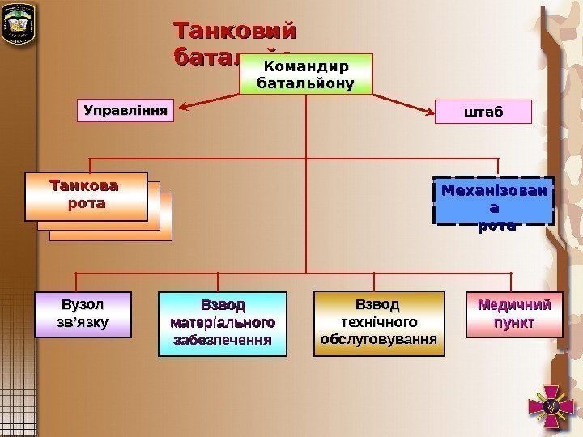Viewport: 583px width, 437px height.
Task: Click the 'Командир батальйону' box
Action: tap(306, 74)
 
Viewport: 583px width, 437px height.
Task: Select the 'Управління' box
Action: tap(128, 110)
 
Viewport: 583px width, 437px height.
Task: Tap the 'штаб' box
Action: tap(484, 112)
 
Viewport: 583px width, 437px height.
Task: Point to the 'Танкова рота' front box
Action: tap(86, 196)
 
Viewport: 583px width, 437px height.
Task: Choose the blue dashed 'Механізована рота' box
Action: tap(494, 200)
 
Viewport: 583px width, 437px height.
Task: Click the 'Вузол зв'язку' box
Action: tap(83, 314)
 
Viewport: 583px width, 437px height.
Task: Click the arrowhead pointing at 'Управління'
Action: tap(184, 106)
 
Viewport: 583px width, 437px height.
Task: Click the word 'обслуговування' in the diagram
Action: tap(378, 337)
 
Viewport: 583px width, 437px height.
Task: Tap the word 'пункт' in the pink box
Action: tap(515, 323)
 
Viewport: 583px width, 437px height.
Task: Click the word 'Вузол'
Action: tap(83, 305)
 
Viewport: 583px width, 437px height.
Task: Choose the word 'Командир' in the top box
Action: tap(306, 66)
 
